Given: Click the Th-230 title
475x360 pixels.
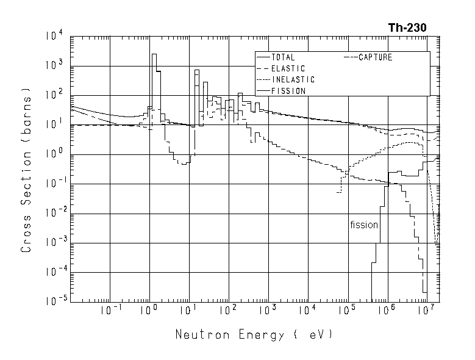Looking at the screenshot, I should (407, 27).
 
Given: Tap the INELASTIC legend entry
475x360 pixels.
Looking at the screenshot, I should (293, 79).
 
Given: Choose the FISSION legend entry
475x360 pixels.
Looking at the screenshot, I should (288, 91).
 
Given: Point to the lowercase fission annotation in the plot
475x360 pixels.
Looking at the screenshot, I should (364, 225).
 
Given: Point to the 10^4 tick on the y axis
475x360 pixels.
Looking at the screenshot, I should (53, 37).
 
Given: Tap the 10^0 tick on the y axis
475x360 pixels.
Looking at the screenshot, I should (53, 154).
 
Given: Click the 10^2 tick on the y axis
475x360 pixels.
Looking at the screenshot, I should (53, 96).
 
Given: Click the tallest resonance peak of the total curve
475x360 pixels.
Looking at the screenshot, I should (154, 54).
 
